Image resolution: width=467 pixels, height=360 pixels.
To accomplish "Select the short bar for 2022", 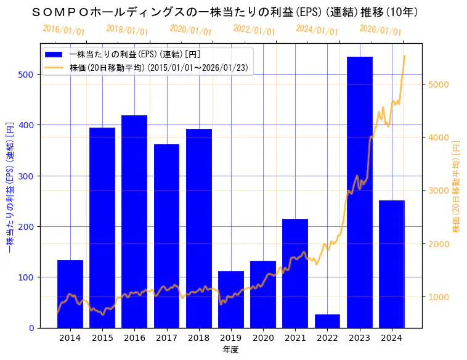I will [327, 321].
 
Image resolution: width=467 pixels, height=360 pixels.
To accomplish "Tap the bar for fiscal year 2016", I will [134, 221].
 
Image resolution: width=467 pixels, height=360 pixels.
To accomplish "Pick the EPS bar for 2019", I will [231, 299].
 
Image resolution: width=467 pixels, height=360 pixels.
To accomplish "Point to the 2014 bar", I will [70, 293].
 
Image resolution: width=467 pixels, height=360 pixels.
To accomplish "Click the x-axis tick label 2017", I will [166, 338].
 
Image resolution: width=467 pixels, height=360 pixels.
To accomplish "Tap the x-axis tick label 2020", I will [263, 338].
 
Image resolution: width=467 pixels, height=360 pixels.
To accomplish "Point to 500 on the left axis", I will [30, 75].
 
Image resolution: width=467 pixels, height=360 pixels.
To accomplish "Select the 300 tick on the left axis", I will [30, 176].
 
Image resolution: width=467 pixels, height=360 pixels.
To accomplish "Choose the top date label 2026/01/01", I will [380, 30].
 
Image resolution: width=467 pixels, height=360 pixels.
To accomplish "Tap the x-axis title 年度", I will [230, 350].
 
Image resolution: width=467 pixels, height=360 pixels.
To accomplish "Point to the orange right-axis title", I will [457, 185].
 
